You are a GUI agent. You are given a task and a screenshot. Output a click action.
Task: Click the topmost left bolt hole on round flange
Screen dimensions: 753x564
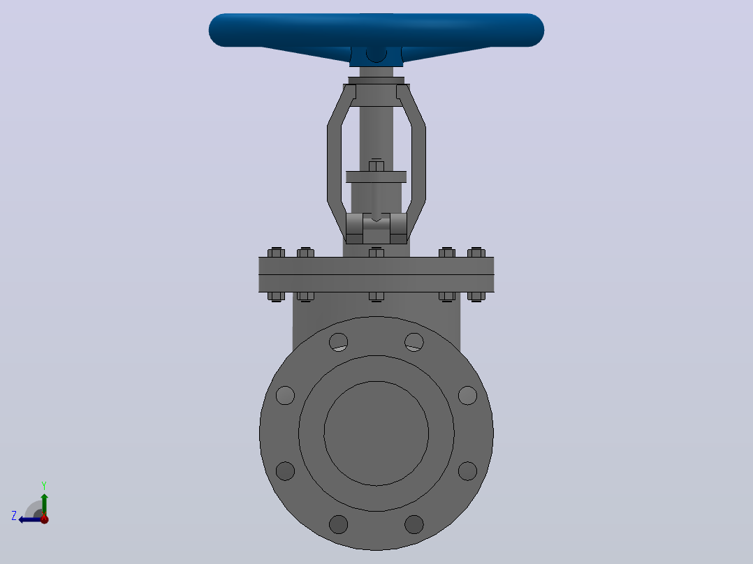click(339, 342)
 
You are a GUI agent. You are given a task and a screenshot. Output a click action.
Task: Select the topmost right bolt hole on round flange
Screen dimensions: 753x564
click(414, 342)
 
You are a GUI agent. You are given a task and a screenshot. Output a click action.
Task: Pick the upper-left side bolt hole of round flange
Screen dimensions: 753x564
click(285, 396)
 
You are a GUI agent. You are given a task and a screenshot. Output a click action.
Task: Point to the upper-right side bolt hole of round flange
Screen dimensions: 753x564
click(467, 396)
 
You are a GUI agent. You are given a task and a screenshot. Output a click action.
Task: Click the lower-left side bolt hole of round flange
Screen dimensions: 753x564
click(285, 471)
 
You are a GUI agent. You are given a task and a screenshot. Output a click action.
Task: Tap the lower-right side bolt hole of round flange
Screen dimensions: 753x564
click(467, 471)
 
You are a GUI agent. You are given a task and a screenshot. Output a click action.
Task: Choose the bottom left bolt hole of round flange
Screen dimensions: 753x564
click(339, 524)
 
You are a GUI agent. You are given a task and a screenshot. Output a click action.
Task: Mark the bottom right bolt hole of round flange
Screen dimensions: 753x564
click(414, 524)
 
